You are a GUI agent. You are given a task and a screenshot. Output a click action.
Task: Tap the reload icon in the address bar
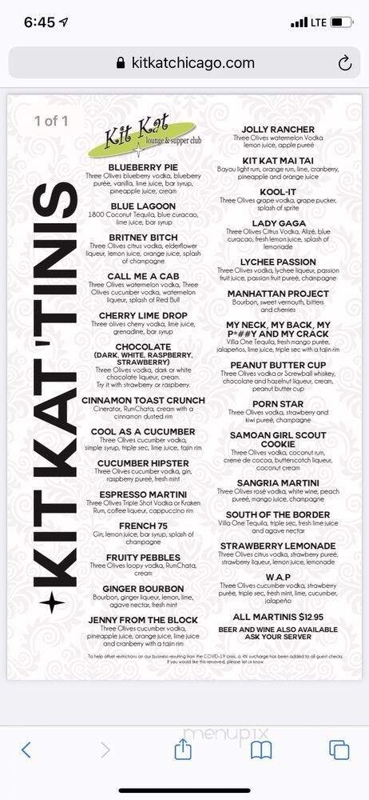pos(345,63)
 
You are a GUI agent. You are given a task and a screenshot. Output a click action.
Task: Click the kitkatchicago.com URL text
pos(192,63)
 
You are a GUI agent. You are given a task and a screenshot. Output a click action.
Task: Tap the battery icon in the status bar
pos(342,22)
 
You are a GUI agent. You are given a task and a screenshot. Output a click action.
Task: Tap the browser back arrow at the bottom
pos(26,750)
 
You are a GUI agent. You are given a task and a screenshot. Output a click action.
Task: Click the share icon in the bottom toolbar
pos(183,750)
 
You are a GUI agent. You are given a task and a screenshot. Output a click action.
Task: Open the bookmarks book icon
pos(261,750)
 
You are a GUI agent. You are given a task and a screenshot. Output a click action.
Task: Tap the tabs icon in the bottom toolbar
pos(339,750)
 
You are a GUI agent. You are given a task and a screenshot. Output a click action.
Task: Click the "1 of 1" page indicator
pos(53,121)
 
